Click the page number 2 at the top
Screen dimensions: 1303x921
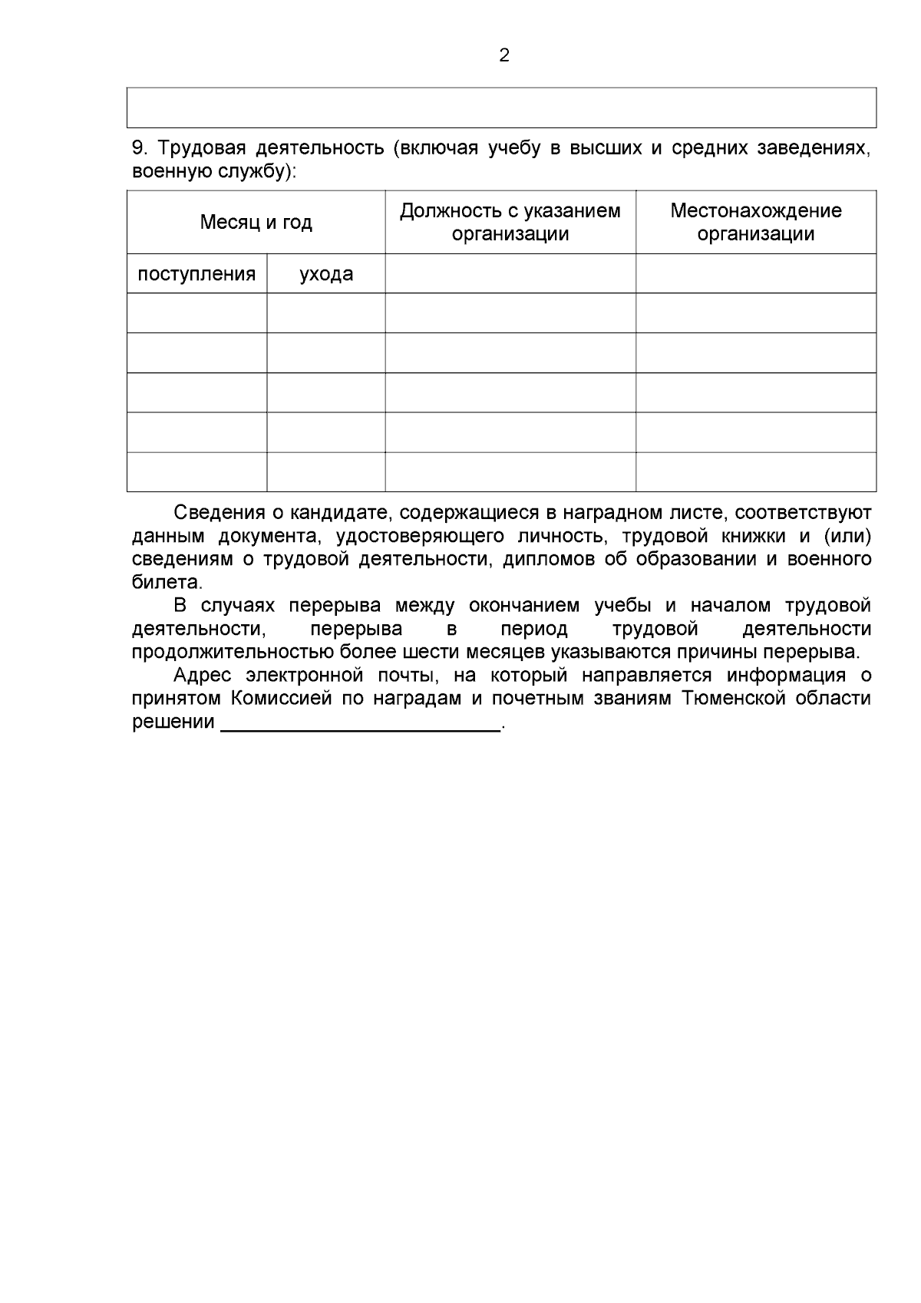click(x=504, y=55)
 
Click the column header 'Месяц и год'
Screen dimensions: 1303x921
click(x=256, y=223)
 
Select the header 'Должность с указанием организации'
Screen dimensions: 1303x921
click(x=510, y=223)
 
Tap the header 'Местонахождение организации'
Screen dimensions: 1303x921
click(x=755, y=223)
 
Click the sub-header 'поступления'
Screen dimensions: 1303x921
click(x=196, y=274)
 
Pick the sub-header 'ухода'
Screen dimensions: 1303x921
click(x=326, y=274)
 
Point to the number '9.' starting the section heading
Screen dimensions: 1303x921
click(x=140, y=148)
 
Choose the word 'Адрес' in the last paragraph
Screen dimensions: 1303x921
click(x=201, y=676)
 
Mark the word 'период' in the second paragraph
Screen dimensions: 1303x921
click(x=535, y=630)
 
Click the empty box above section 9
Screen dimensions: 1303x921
click(x=501, y=107)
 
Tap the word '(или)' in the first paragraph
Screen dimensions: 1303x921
click(x=847, y=536)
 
